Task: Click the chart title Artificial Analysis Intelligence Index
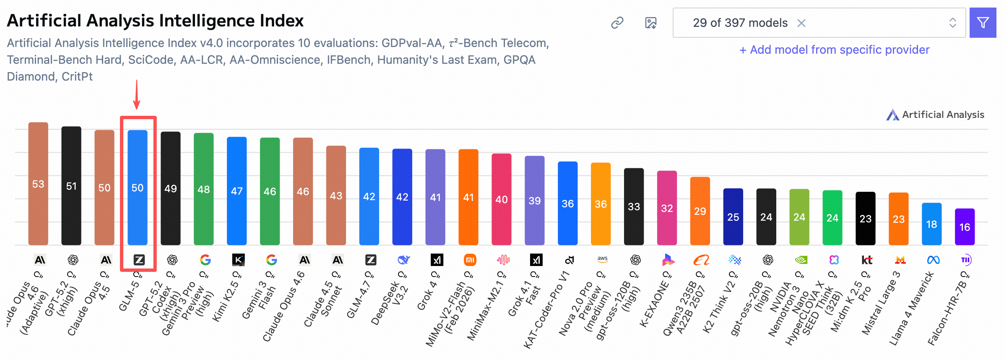click(x=155, y=21)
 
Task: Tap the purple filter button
click(x=983, y=23)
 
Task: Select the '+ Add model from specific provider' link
click(x=834, y=50)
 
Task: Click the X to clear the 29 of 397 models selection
click(x=801, y=23)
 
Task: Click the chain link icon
click(x=617, y=23)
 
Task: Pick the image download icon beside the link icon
click(x=650, y=23)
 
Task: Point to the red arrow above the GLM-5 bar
click(x=137, y=94)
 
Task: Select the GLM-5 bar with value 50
click(x=138, y=187)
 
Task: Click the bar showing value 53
click(x=38, y=183)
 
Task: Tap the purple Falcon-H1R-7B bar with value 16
click(x=965, y=227)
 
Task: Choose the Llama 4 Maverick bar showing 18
click(x=931, y=224)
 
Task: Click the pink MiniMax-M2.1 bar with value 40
click(x=502, y=199)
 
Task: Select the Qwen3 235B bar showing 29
click(x=700, y=211)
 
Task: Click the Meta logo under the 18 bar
click(x=933, y=260)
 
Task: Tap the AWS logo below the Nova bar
click(x=602, y=260)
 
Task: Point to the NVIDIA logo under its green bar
click(x=801, y=260)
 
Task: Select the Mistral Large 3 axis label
click(x=881, y=303)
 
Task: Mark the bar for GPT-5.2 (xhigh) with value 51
click(x=71, y=185)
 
